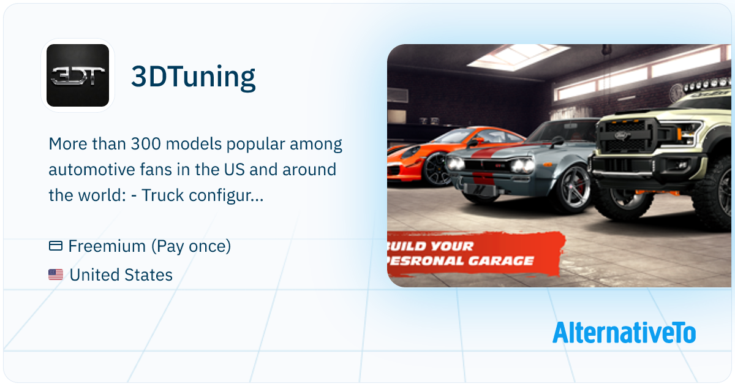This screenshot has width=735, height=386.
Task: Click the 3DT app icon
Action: (x=78, y=75)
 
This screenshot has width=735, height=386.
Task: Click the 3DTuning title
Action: (x=193, y=77)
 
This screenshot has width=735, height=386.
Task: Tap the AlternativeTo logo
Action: (x=624, y=333)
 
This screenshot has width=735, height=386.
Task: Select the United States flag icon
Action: (x=56, y=275)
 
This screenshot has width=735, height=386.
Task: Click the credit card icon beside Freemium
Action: (x=56, y=246)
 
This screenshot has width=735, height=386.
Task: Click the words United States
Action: (x=121, y=275)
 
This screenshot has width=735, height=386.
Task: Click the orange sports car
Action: (x=429, y=150)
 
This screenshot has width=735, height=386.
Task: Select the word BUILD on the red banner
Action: (x=407, y=246)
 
